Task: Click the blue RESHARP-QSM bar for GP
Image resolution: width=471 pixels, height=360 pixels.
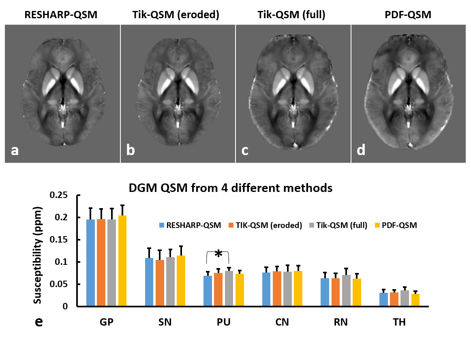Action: click(x=90, y=263)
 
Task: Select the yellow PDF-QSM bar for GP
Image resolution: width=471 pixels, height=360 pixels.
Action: click(x=122, y=261)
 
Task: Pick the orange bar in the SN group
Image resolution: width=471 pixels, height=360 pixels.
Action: click(x=159, y=283)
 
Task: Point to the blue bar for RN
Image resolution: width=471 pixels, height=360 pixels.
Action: click(x=325, y=292)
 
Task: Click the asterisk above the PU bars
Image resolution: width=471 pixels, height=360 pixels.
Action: click(x=218, y=254)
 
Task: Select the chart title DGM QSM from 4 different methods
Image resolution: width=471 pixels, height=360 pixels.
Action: click(x=230, y=188)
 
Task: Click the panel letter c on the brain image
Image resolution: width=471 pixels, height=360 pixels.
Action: click(x=245, y=150)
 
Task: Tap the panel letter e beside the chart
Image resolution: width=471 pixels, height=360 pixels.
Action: click(x=39, y=322)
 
